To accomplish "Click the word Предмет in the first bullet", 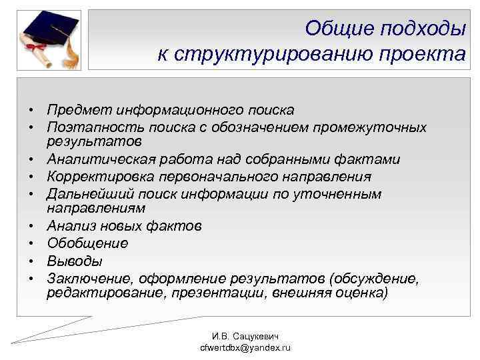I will tap(79, 109).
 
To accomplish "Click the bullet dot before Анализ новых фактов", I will tap(31, 227).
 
